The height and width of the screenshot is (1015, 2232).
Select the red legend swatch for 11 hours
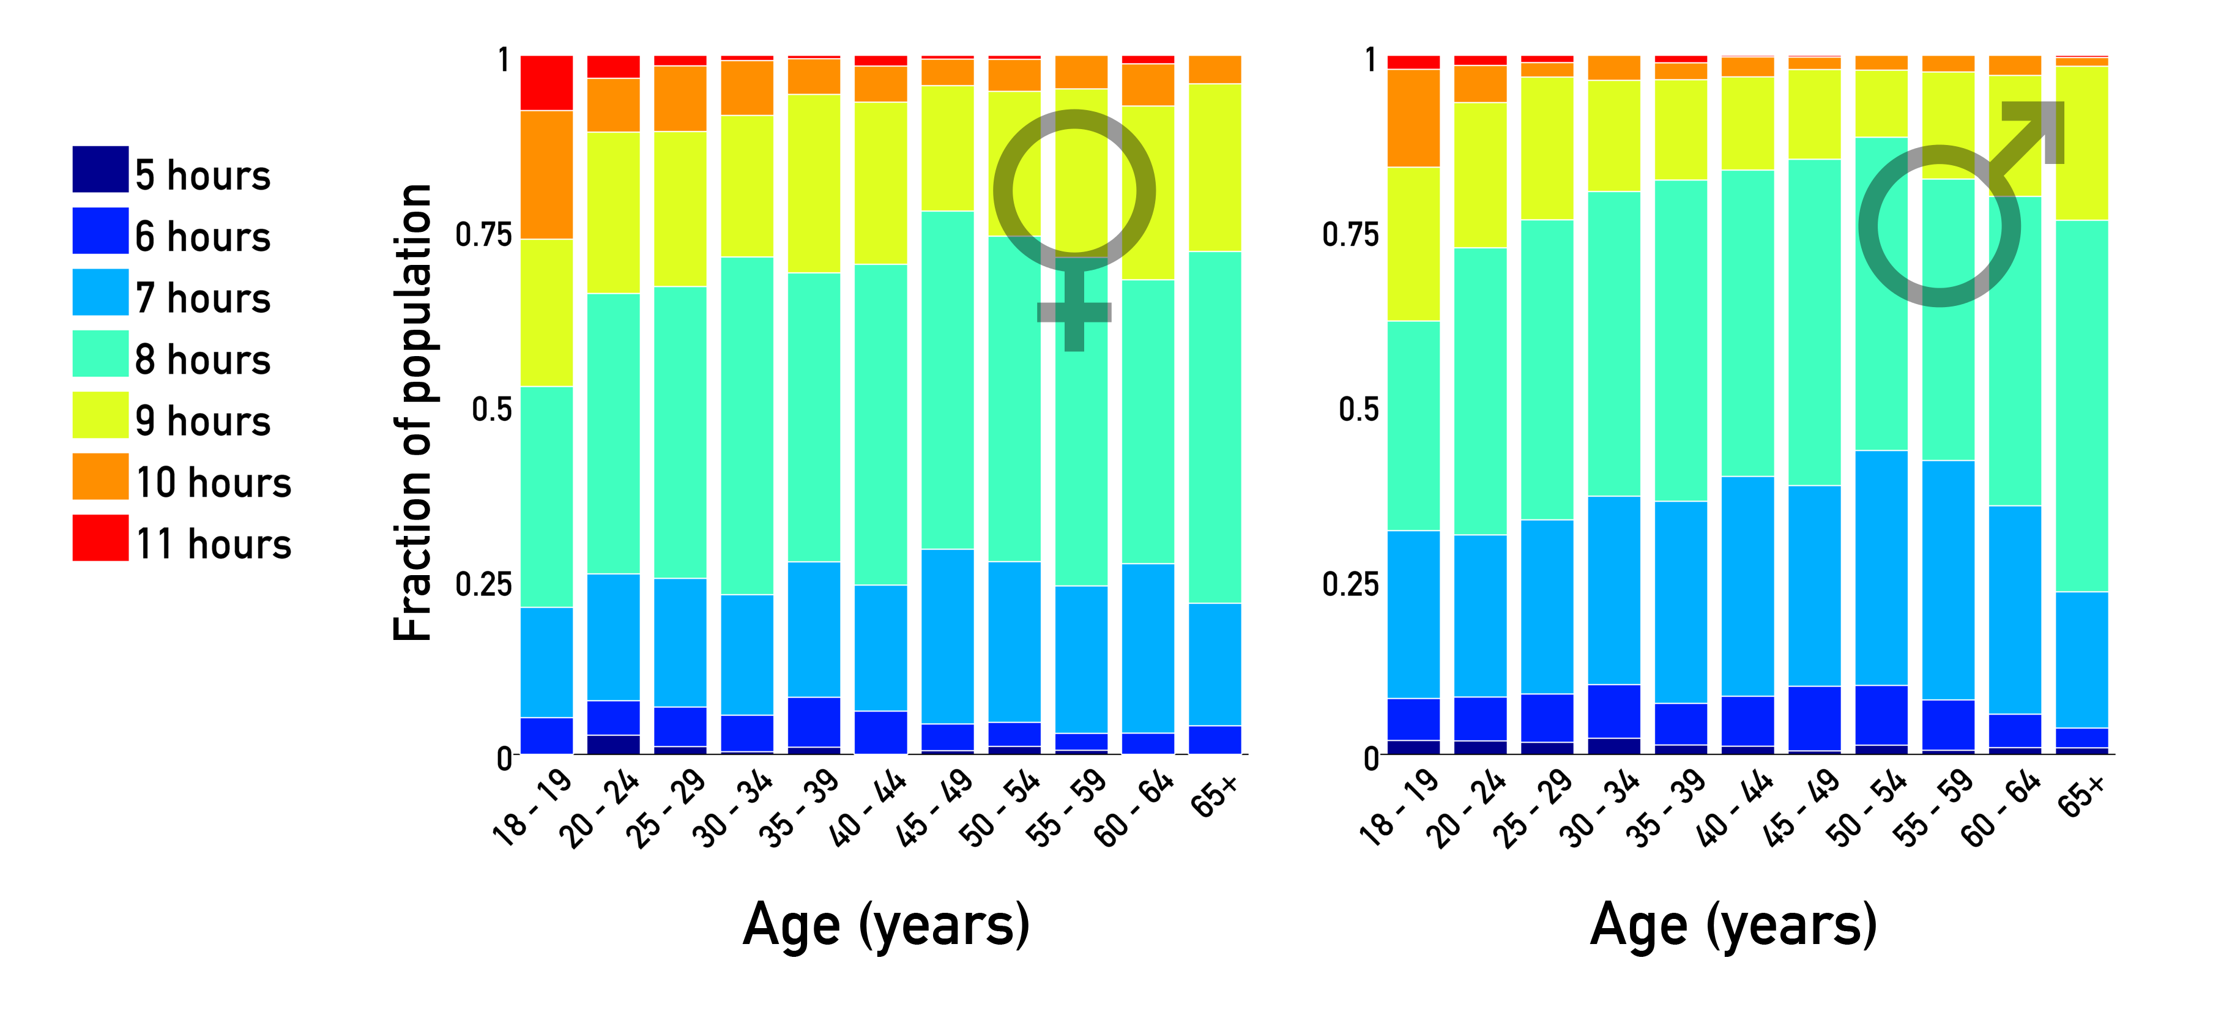point(100,538)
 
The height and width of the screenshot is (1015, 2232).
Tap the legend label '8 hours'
point(203,360)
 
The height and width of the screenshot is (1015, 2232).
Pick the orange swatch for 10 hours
point(100,477)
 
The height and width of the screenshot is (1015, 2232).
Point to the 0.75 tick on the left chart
point(483,235)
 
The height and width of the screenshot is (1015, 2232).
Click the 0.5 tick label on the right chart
point(1358,409)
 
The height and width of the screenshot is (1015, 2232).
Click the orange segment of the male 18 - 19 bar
point(1413,118)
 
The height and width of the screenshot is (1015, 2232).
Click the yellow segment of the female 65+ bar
point(1214,167)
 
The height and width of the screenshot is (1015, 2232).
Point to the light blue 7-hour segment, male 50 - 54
point(1881,568)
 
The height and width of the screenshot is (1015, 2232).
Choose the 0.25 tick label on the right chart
point(1349,584)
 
